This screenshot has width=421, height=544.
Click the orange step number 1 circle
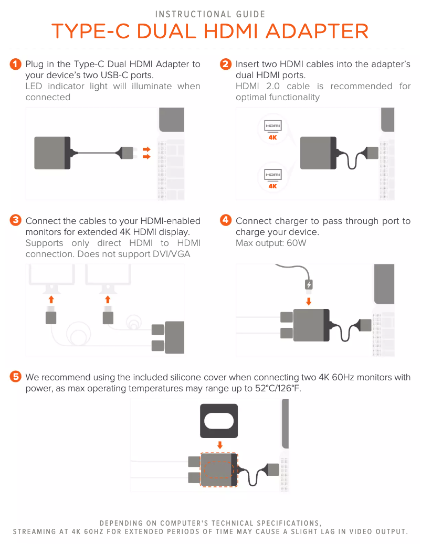coord(15,64)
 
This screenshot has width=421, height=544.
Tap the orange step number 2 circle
coord(226,64)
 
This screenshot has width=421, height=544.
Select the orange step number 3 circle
coord(15,220)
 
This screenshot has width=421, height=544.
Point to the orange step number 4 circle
coord(226,220)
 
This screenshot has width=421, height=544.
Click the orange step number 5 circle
coord(15,377)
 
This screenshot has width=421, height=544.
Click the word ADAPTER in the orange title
coord(317,31)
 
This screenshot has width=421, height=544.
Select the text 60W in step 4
coord(297,243)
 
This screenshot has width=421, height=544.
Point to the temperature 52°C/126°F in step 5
coord(278,388)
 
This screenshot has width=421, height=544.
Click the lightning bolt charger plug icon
coord(309,284)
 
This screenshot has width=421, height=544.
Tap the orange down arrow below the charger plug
coord(309,301)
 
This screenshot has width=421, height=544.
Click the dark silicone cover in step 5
coord(219,421)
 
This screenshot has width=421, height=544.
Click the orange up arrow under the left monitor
coord(51,300)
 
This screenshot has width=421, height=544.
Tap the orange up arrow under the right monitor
coord(108,300)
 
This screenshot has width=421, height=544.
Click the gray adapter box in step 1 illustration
coord(52,153)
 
